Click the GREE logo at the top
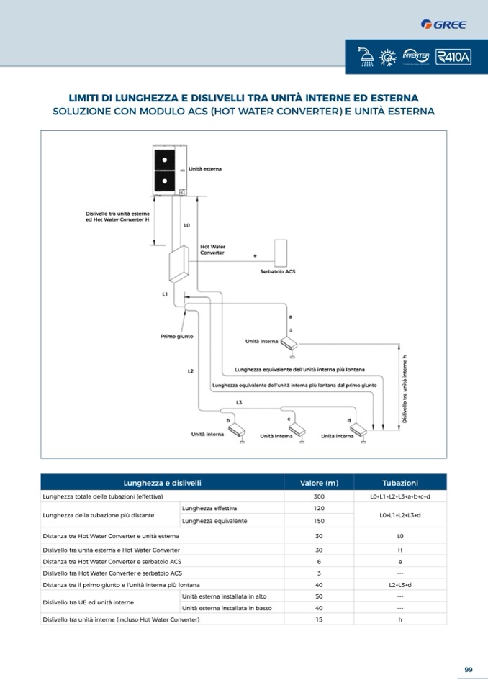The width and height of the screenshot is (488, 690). pyautogui.click(x=443, y=24)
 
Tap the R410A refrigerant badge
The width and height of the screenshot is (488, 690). pyautogui.click(x=453, y=57)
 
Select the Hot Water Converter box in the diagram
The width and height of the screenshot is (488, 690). pyautogui.click(x=178, y=267)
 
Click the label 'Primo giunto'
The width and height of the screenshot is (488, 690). pyautogui.click(x=176, y=336)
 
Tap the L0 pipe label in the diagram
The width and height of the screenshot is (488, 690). pyautogui.click(x=186, y=225)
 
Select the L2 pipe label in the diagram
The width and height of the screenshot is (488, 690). pyautogui.click(x=190, y=371)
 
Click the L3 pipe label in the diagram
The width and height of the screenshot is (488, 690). pyautogui.click(x=239, y=402)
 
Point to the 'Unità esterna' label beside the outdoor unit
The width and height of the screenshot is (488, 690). pyautogui.click(x=205, y=169)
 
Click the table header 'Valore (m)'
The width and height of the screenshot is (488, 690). pyautogui.click(x=319, y=483)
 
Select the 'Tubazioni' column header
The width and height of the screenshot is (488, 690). pyautogui.click(x=400, y=483)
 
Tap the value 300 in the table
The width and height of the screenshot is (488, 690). pyautogui.click(x=319, y=496)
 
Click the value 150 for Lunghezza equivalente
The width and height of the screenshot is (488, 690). pyautogui.click(x=319, y=521)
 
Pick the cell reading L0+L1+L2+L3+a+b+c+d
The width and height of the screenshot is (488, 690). pyautogui.click(x=400, y=496)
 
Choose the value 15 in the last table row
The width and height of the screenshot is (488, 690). pyautogui.click(x=319, y=619)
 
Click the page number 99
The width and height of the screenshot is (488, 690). pyautogui.click(x=468, y=670)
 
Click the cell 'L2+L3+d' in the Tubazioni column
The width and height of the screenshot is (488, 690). pyautogui.click(x=400, y=585)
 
